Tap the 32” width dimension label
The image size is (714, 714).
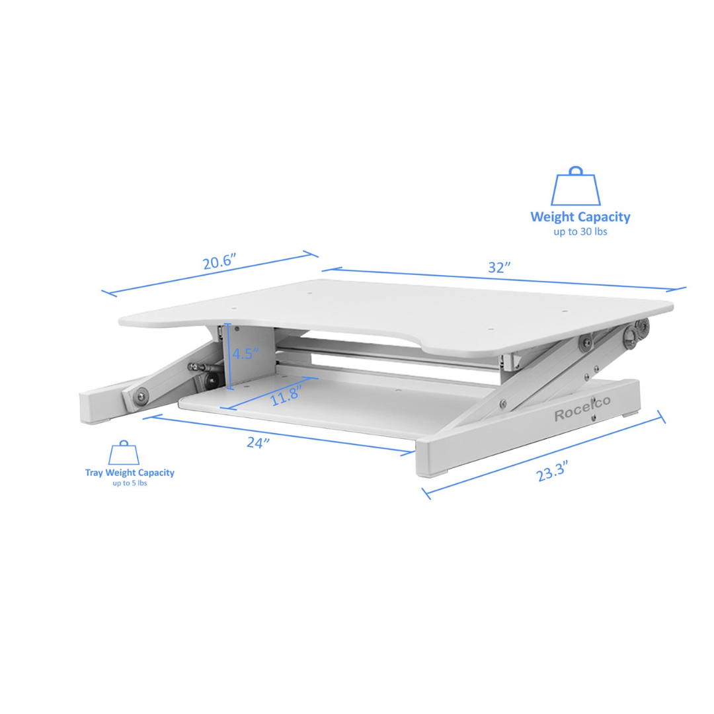pos(500,268)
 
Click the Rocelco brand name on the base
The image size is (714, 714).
pos(582,414)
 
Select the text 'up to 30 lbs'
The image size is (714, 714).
pos(580,232)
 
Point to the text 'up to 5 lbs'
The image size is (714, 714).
pos(130,483)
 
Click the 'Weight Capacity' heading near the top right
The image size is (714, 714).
pos(580,217)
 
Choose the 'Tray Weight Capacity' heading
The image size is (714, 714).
pos(130,472)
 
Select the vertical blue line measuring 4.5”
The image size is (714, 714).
pos(227,353)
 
